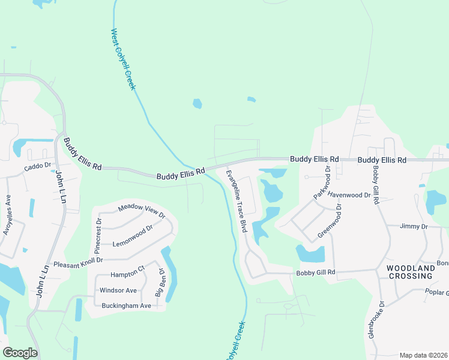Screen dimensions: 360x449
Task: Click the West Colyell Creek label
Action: click(x=124, y=59)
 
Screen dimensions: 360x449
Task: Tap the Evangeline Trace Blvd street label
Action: click(x=237, y=202)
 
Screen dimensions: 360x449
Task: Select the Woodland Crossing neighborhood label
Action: click(x=409, y=272)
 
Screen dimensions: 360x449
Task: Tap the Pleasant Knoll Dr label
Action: click(x=79, y=262)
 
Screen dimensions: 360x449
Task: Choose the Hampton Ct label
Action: click(x=128, y=271)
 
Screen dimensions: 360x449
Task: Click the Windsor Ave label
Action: click(x=118, y=290)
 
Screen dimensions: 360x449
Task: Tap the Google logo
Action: click(x=20, y=352)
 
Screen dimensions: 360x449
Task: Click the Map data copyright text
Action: click(x=423, y=355)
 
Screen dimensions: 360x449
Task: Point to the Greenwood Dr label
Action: click(x=329, y=221)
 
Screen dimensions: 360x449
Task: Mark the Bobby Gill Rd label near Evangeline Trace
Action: click(x=315, y=272)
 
